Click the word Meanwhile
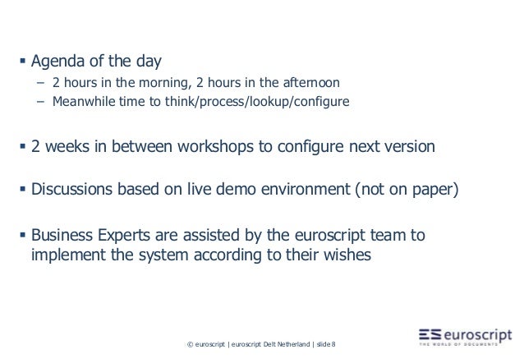[84, 103]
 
